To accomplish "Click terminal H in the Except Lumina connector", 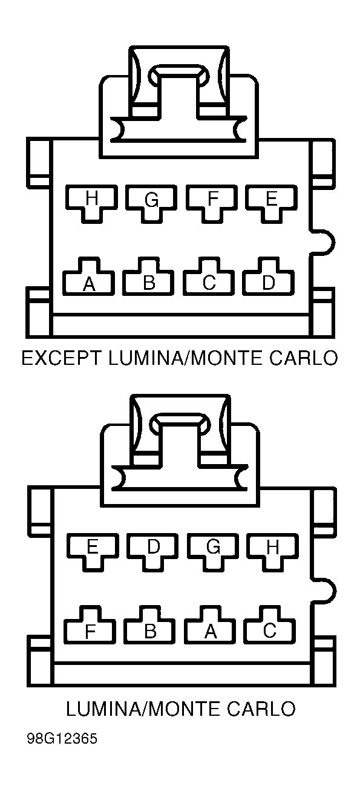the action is pyautogui.click(x=91, y=203).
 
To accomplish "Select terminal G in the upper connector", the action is pyautogui.click(x=151, y=203).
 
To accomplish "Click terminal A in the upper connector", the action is pyautogui.click(x=89, y=278).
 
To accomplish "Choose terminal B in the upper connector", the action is pyautogui.click(x=148, y=278).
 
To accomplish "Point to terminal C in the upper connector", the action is pyautogui.click(x=209, y=278).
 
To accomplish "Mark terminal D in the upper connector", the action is pyautogui.click(x=269, y=278).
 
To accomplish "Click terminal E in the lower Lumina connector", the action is pyautogui.click(x=93, y=551).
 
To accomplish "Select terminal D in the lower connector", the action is pyautogui.click(x=153, y=551).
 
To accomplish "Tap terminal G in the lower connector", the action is pyautogui.click(x=213, y=551).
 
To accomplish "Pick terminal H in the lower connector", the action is pyautogui.click(x=273, y=551).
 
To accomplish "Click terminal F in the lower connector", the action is pyautogui.click(x=90, y=627).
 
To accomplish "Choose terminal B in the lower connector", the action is pyautogui.click(x=149, y=627).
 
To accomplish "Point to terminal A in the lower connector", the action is pyautogui.click(x=210, y=627).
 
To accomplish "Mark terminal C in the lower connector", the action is pyautogui.click(x=270, y=627).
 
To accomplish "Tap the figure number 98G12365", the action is pyautogui.click(x=62, y=739).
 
